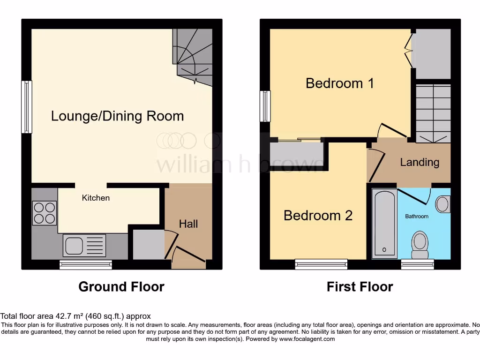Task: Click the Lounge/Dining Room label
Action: point(117,116)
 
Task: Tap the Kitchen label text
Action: point(96,198)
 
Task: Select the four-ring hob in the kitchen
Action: point(45,213)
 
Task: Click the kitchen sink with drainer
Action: point(85,246)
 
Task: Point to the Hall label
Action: point(188,224)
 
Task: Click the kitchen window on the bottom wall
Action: point(86,265)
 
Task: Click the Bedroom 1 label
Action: point(339,83)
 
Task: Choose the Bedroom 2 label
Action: point(318,216)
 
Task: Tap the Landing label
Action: point(420,162)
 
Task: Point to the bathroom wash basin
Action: point(442,204)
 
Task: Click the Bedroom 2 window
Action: point(321,265)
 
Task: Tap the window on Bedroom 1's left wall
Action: point(265,106)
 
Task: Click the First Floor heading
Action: point(360,286)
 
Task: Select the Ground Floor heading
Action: point(121,286)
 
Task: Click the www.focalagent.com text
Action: point(307,339)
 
